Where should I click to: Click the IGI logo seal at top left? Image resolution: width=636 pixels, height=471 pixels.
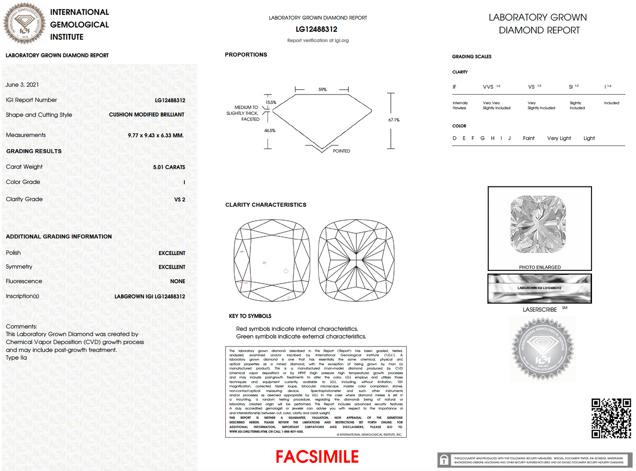[25, 23]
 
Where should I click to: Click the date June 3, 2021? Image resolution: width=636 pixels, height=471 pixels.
[22, 84]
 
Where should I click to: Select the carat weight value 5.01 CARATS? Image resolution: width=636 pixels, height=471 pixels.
[169, 167]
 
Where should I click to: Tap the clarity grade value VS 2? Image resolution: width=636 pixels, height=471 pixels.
[180, 200]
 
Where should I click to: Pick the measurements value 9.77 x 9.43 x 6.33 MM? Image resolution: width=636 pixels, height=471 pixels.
[155, 135]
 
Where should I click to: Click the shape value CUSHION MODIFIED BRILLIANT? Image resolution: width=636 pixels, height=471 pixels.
[147, 115]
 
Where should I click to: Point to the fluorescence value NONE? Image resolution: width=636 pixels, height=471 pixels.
[177, 281]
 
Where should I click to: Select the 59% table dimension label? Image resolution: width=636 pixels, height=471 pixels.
[323, 90]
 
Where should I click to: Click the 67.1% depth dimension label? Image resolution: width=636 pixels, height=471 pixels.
[393, 120]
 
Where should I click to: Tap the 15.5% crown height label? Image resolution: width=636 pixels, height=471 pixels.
[271, 102]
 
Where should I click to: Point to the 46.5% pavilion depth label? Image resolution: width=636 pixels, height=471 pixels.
[269, 131]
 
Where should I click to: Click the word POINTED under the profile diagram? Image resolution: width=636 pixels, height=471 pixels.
[341, 151]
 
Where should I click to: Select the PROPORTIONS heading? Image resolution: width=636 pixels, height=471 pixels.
[246, 55]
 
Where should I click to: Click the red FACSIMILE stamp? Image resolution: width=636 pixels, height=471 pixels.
[317, 457]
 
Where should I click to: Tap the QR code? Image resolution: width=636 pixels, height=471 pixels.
[611, 418]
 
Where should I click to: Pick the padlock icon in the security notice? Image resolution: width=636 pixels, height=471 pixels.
[444, 460]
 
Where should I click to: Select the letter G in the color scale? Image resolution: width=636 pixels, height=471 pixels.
[482, 138]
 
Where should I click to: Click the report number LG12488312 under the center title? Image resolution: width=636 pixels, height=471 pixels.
[316, 29]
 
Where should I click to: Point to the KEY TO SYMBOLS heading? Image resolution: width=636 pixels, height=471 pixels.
[250, 316]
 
